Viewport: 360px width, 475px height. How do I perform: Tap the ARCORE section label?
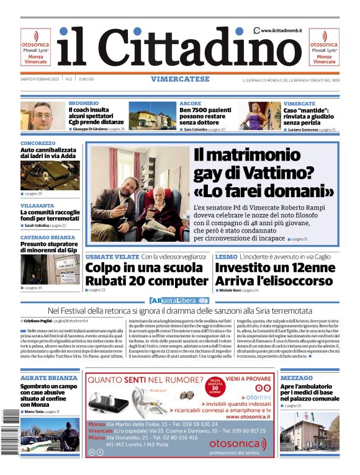(x=190, y=103)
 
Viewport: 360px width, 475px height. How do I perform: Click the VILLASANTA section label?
(x=37, y=205)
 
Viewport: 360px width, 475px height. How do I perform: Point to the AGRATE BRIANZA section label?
(x=49, y=378)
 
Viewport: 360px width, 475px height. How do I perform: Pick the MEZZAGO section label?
(x=296, y=378)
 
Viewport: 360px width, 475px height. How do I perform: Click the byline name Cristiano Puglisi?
(x=37, y=321)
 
